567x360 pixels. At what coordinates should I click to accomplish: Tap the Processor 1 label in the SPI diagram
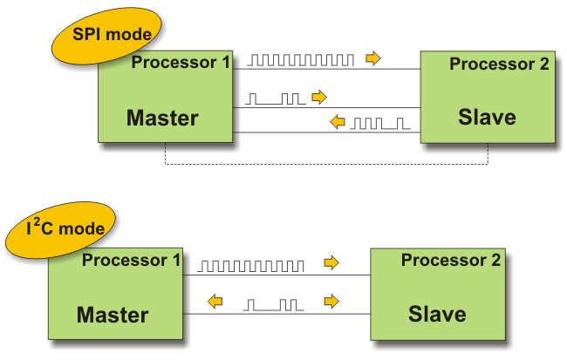(181, 63)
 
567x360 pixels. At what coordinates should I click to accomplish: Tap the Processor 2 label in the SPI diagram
(499, 65)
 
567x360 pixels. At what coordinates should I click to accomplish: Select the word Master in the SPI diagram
(162, 118)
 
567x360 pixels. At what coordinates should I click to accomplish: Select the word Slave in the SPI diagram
(487, 117)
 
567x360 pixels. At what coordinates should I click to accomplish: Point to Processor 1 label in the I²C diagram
(132, 260)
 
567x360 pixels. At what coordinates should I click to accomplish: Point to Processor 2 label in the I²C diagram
(450, 261)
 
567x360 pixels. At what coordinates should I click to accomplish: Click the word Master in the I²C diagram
(113, 314)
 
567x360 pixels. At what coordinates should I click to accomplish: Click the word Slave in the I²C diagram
(437, 314)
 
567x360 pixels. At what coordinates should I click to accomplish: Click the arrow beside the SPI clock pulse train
(373, 58)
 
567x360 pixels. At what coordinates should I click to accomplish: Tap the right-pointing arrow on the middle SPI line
(318, 96)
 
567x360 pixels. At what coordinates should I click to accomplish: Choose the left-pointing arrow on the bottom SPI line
(338, 123)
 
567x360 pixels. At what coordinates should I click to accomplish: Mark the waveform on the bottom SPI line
(379, 124)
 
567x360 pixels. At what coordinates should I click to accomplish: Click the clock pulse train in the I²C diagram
(251, 264)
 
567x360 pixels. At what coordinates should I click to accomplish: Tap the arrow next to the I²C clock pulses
(331, 262)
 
